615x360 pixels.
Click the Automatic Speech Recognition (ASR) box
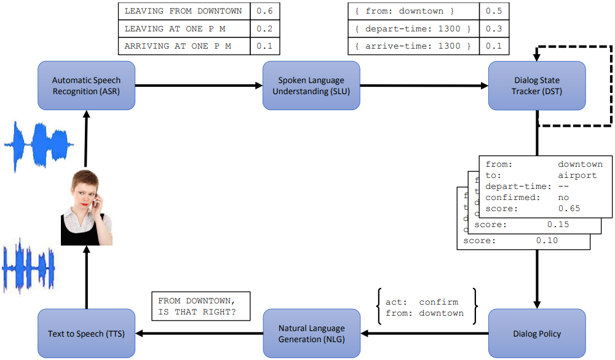pyautogui.click(x=86, y=86)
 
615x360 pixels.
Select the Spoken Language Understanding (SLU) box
pyautogui.click(x=311, y=86)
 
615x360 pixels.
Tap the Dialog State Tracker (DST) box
pyautogui.click(x=536, y=86)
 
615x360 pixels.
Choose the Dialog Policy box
pyautogui.click(x=536, y=334)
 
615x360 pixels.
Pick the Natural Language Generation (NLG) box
pyautogui.click(x=311, y=334)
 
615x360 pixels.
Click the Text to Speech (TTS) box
pyautogui.click(x=86, y=334)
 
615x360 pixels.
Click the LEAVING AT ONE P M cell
pyautogui.click(x=184, y=29)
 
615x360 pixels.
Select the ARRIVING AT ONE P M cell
pyautogui.click(x=184, y=46)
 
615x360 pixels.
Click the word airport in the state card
pyautogui.click(x=577, y=175)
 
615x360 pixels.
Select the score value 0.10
pyautogui.click(x=547, y=241)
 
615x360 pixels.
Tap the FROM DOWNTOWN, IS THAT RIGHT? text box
pyautogui.click(x=200, y=306)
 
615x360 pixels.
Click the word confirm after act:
pyautogui.click(x=438, y=302)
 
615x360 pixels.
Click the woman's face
pyautogui.click(x=84, y=190)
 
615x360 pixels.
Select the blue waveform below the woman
pyautogui.click(x=28, y=265)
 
